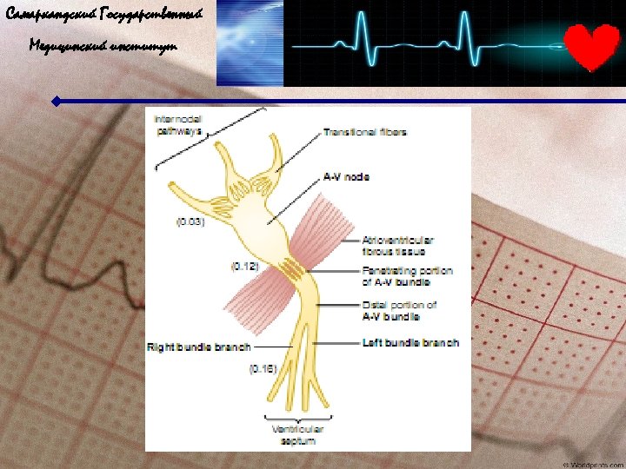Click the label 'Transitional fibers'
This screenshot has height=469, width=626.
[365, 133]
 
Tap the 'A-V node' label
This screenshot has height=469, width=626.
[346, 177]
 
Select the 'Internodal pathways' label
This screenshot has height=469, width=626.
[179, 125]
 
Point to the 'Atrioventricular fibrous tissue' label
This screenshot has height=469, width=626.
[397, 246]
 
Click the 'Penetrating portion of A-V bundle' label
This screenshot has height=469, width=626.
[407, 276]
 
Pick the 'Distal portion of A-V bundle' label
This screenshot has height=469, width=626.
[399, 311]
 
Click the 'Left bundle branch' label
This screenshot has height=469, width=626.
[410, 343]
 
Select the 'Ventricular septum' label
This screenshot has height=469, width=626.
[297, 435]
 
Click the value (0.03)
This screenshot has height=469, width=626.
[190, 222]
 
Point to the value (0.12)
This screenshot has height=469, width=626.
[244, 267]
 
